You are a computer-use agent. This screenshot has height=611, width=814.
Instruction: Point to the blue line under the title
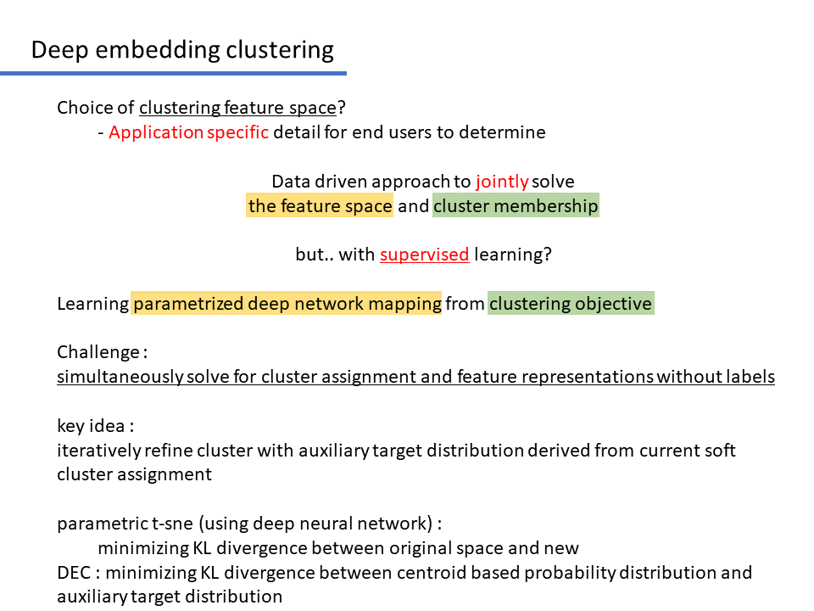tap(173, 74)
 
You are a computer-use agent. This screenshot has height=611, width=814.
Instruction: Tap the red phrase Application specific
tap(188, 132)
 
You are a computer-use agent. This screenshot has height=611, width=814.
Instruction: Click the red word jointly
tap(502, 182)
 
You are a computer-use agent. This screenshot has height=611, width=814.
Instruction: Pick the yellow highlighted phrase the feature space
tap(320, 205)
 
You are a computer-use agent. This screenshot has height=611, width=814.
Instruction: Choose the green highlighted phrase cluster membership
tap(516, 205)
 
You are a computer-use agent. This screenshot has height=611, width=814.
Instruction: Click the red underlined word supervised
tap(425, 255)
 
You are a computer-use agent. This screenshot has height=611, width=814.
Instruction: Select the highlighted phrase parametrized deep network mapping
tap(287, 304)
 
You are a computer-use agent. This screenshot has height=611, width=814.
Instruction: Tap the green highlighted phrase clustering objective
tap(571, 304)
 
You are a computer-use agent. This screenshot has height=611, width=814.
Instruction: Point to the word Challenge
tap(98, 352)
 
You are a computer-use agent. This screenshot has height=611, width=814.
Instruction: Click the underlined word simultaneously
tap(120, 377)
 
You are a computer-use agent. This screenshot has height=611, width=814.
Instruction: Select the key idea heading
tap(96, 426)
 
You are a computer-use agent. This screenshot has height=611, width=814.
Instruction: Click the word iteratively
tap(99, 451)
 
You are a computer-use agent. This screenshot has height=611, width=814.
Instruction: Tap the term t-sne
tap(172, 524)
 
